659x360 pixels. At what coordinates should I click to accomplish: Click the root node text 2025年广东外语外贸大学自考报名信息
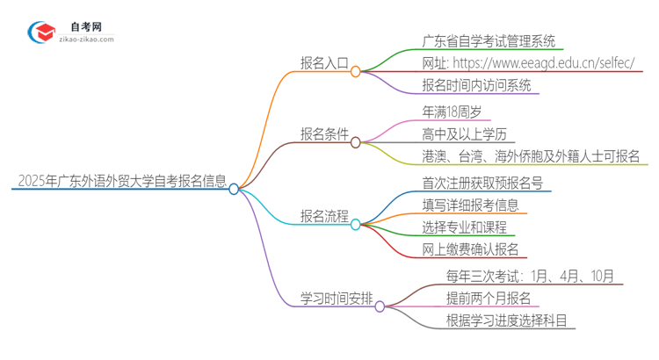click(x=120, y=182)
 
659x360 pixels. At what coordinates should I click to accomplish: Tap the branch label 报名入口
click(x=324, y=63)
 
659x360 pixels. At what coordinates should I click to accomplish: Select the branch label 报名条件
click(x=324, y=134)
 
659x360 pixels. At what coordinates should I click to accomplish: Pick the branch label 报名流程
click(x=324, y=216)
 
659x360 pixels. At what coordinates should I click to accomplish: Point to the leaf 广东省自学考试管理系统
click(x=490, y=40)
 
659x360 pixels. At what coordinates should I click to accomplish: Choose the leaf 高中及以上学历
click(x=466, y=134)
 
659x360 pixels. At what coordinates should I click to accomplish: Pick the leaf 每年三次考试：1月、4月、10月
click(x=521, y=276)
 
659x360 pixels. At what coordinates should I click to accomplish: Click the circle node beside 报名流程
click(x=356, y=225)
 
